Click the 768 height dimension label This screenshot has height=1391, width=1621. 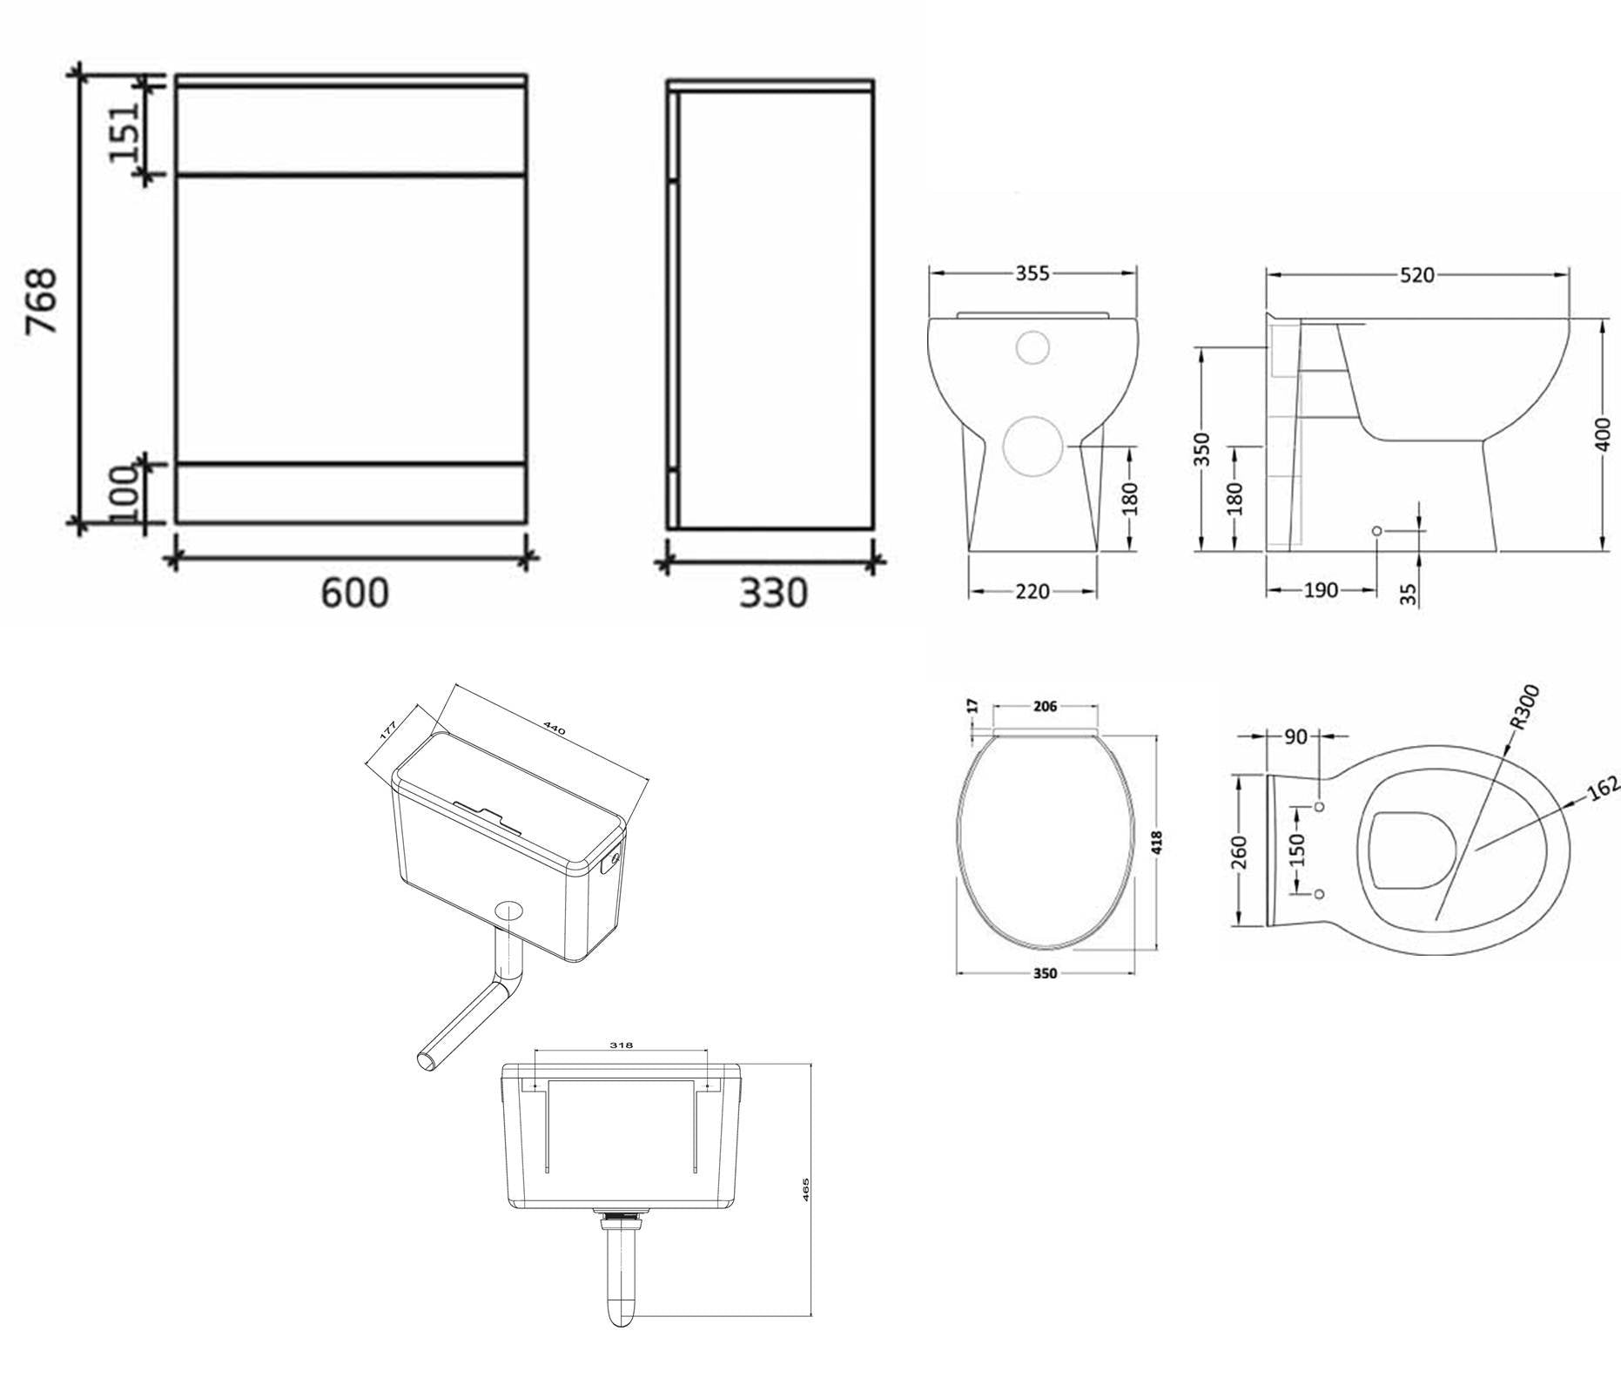click(x=41, y=300)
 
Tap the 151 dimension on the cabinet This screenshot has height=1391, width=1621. click(x=124, y=131)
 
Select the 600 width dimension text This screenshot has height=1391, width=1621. click(x=354, y=594)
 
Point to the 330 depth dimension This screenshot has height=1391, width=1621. click(x=773, y=594)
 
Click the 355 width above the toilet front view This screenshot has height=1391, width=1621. click(x=1032, y=273)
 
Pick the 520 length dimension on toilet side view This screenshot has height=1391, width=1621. click(x=1416, y=275)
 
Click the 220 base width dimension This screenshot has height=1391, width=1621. click(x=1032, y=592)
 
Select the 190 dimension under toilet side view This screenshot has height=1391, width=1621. click(x=1320, y=590)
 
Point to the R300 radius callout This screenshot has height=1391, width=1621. click(x=1524, y=706)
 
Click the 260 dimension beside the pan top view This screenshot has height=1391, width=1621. click(x=1240, y=851)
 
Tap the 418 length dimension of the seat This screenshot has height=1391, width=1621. click(x=1157, y=842)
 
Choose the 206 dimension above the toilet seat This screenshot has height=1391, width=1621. click(x=1045, y=707)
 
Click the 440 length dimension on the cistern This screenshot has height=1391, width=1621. click(x=555, y=728)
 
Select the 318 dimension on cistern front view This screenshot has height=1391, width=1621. click(x=621, y=1045)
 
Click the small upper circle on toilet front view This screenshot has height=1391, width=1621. click(x=1033, y=347)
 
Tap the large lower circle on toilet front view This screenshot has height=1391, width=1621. click(x=1033, y=446)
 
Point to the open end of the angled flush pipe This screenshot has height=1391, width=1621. click(x=426, y=1061)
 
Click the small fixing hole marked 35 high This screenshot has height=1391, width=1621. click(x=1376, y=531)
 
